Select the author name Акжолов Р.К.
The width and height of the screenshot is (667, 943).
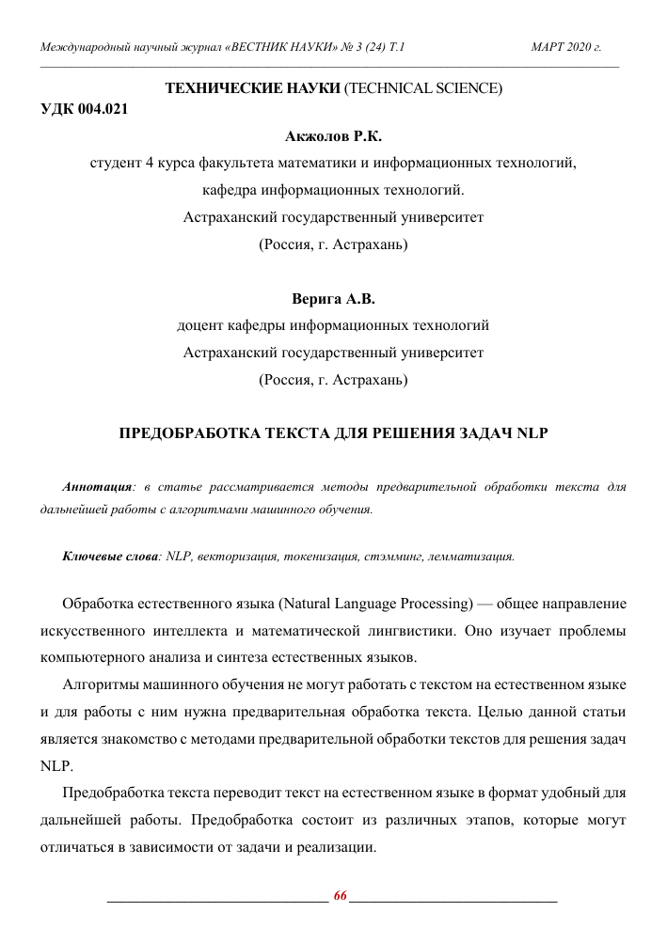pyautogui.click(x=333, y=136)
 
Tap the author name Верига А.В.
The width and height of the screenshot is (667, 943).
pyautogui.click(x=333, y=300)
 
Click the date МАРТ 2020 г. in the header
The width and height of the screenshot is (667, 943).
pyautogui.click(x=565, y=46)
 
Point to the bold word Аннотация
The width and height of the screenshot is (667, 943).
pyautogui.click(x=96, y=488)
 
